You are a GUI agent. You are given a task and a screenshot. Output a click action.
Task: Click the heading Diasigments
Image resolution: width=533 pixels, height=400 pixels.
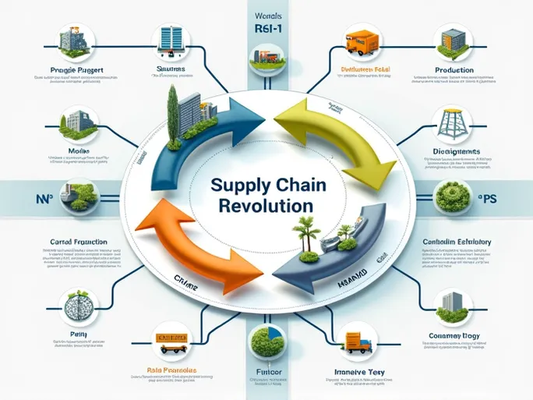click(456, 151)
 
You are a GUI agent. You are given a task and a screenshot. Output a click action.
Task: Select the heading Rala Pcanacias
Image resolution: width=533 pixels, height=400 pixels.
click(172, 370)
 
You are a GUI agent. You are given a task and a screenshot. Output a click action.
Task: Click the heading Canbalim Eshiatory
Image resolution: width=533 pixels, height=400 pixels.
click(455, 242)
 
